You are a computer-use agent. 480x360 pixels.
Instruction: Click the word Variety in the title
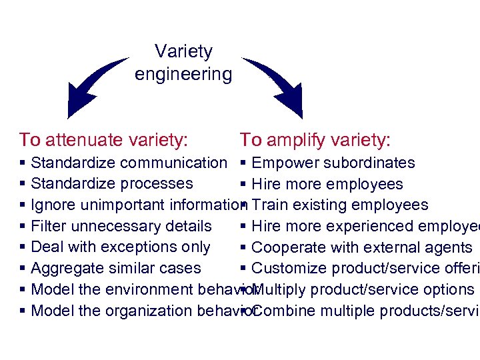tap(183, 51)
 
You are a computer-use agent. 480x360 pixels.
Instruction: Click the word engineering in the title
tap(183, 74)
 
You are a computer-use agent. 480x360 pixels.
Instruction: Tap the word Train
tap(270, 205)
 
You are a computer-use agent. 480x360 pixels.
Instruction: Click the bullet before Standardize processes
tap(23, 184)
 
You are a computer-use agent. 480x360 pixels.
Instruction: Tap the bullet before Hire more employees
tap(245, 185)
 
